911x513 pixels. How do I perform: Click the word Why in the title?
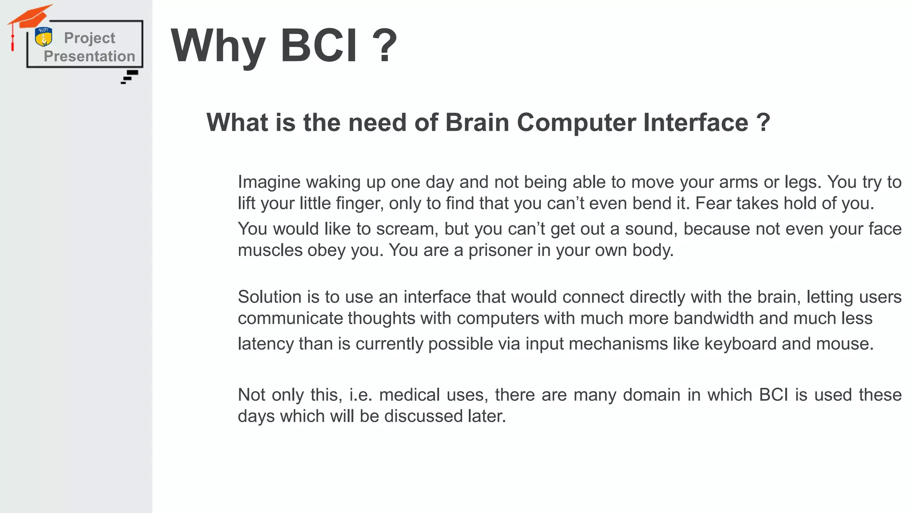click(218, 46)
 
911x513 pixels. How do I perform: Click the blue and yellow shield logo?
click(44, 37)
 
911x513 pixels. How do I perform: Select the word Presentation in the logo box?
click(89, 57)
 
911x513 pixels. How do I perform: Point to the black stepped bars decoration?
click(129, 77)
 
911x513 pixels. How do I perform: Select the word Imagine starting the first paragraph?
click(269, 182)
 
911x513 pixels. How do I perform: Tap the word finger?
click(359, 204)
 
